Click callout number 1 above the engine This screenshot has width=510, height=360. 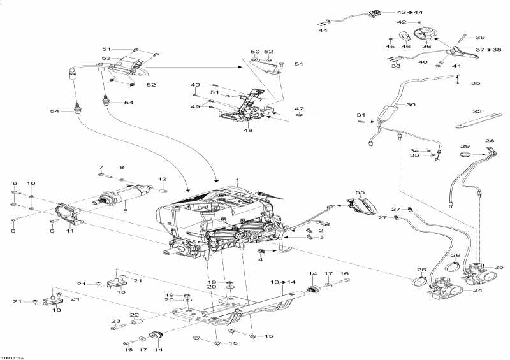point(237,180)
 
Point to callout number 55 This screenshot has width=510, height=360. point(360,192)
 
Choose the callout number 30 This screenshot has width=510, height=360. point(411,104)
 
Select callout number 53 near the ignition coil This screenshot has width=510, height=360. point(106,59)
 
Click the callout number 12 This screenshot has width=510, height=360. point(162,179)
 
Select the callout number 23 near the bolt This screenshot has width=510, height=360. point(116,320)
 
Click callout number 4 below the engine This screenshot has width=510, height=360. point(260,259)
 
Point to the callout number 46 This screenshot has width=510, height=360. point(405,46)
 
